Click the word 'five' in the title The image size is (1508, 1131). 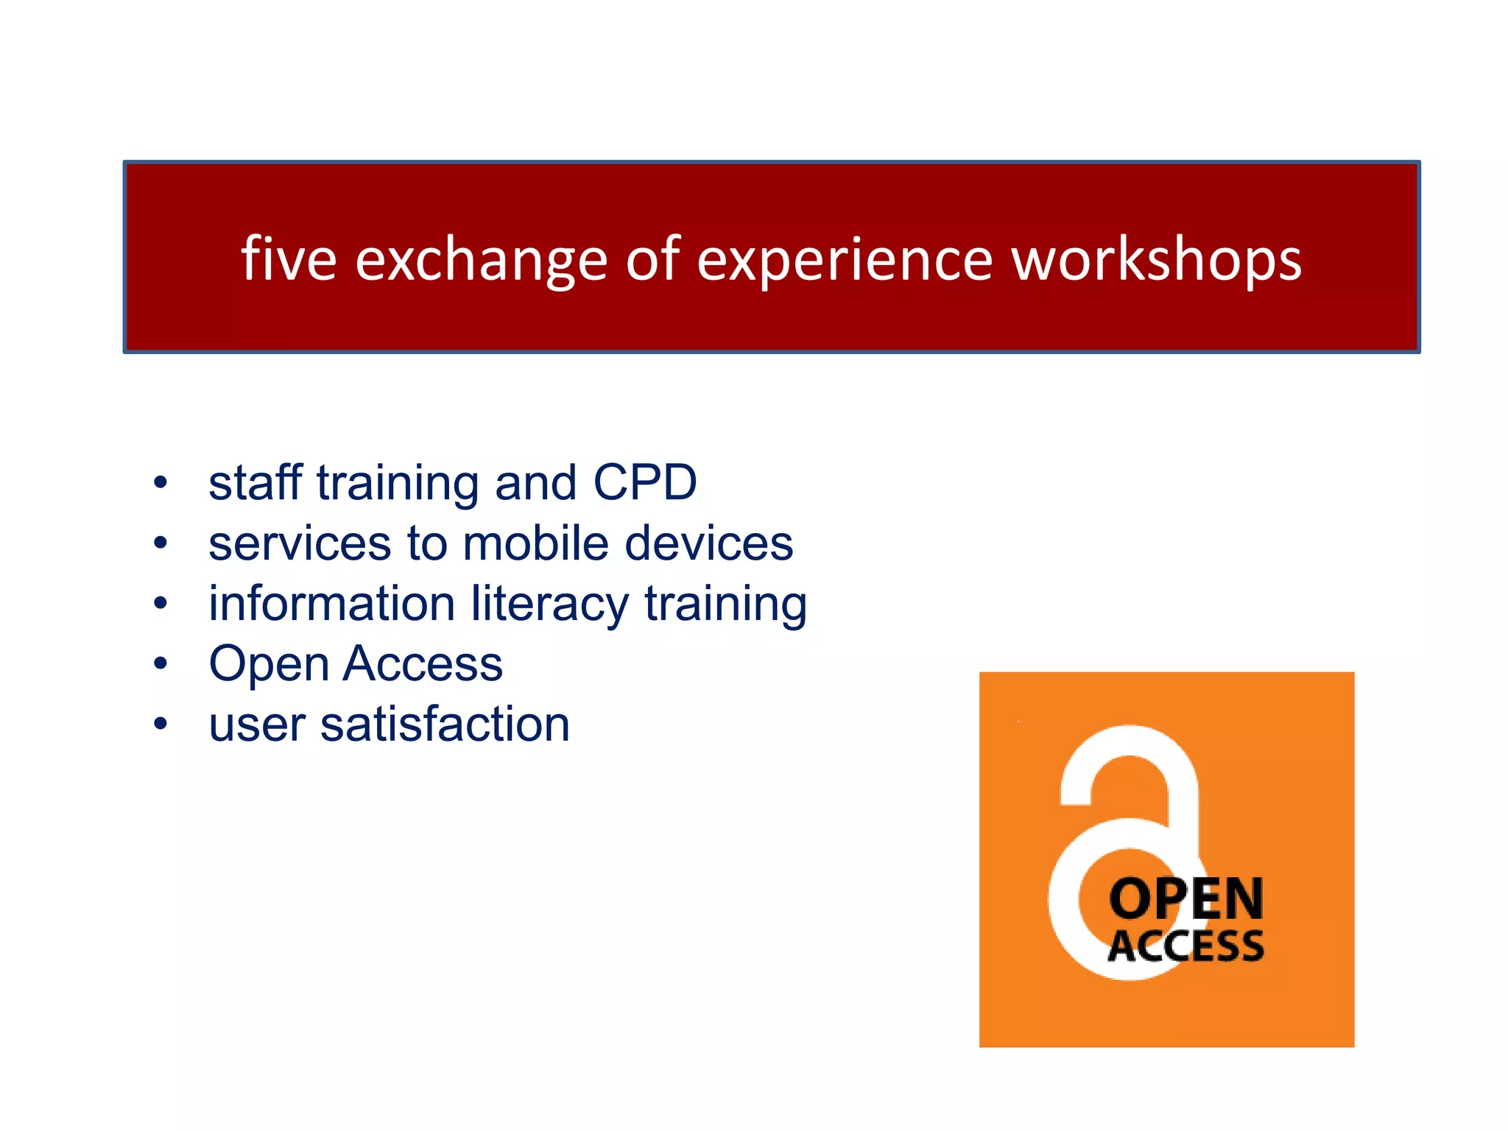coord(289,259)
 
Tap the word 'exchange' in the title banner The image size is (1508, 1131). coord(482,261)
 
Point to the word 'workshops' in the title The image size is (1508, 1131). coord(1157,261)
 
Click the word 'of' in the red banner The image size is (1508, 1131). coord(652,259)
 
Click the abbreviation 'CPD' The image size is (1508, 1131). coord(645,483)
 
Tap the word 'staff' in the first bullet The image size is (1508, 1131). coord(255,483)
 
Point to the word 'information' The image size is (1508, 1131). coord(331,604)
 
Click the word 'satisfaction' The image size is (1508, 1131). coord(445,725)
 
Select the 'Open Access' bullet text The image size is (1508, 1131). coord(356,664)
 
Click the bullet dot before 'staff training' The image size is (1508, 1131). coord(161,484)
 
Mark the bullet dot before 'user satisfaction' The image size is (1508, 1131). coord(161,725)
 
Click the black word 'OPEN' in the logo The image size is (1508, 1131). coord(1185,899)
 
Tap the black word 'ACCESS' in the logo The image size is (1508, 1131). coord(1185,946)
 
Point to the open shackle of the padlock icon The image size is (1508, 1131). coord(1130,766)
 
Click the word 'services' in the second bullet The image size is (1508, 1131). coord(300,543)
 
